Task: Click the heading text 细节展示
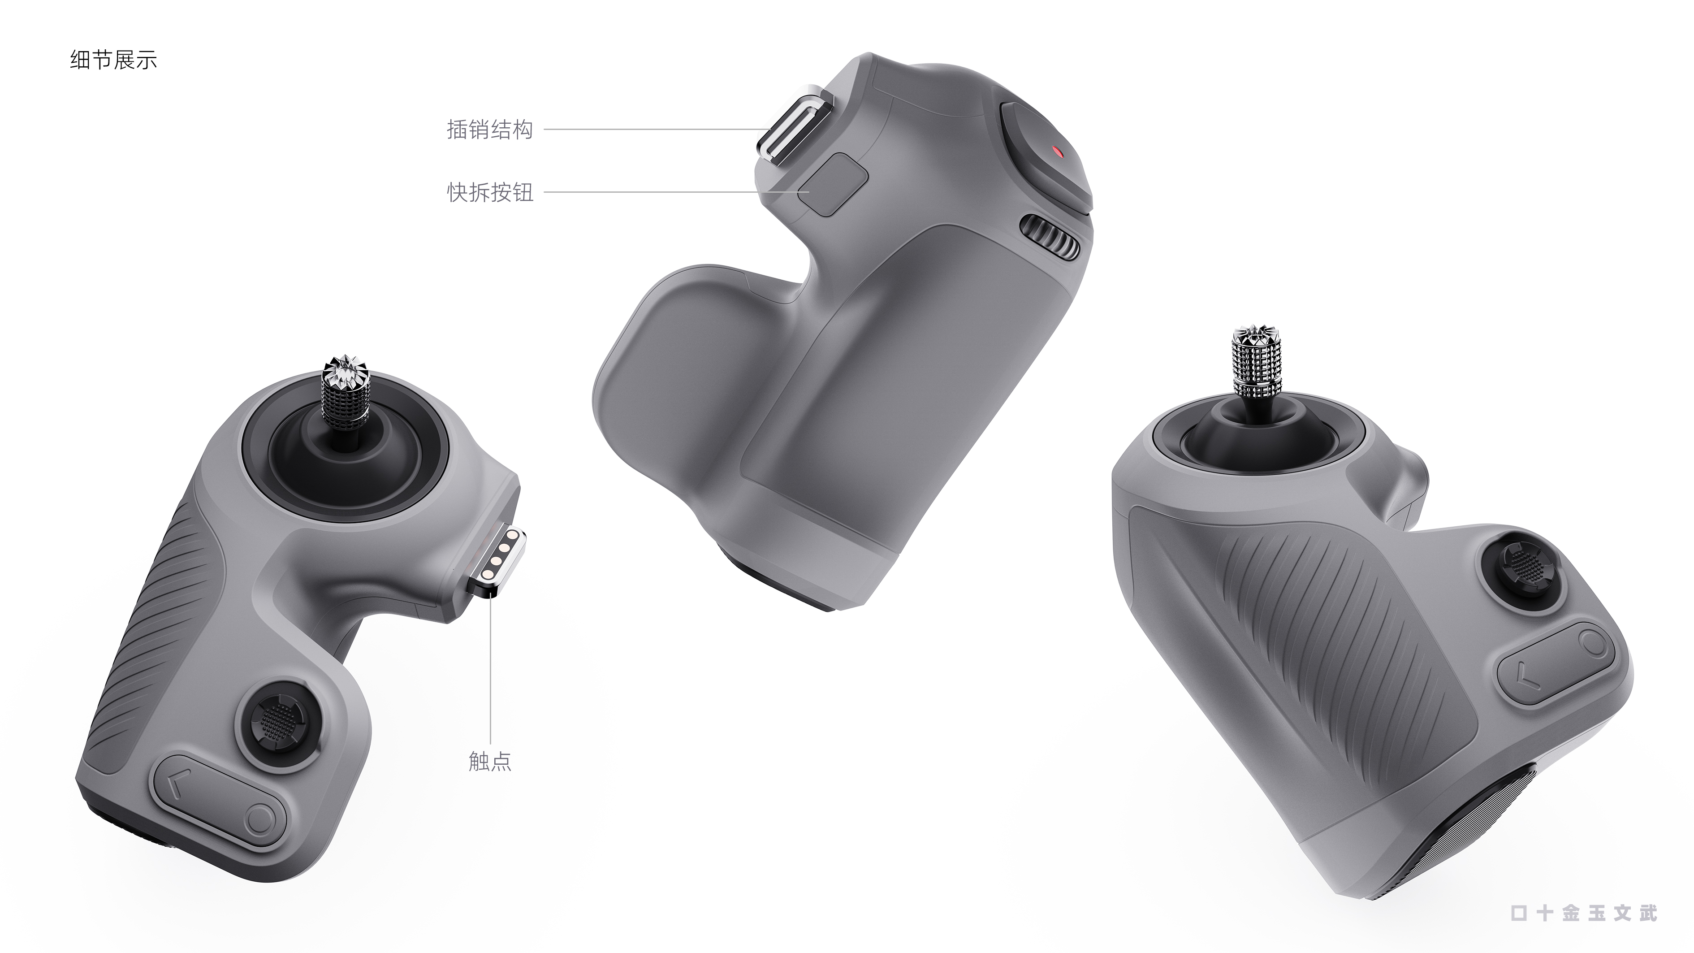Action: point(113,61)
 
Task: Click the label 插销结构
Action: point(489,130)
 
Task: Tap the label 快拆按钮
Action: point(490,193)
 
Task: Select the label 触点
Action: point(489,761)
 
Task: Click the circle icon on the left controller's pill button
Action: point(261,820)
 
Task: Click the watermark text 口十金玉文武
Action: point(1583,913)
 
